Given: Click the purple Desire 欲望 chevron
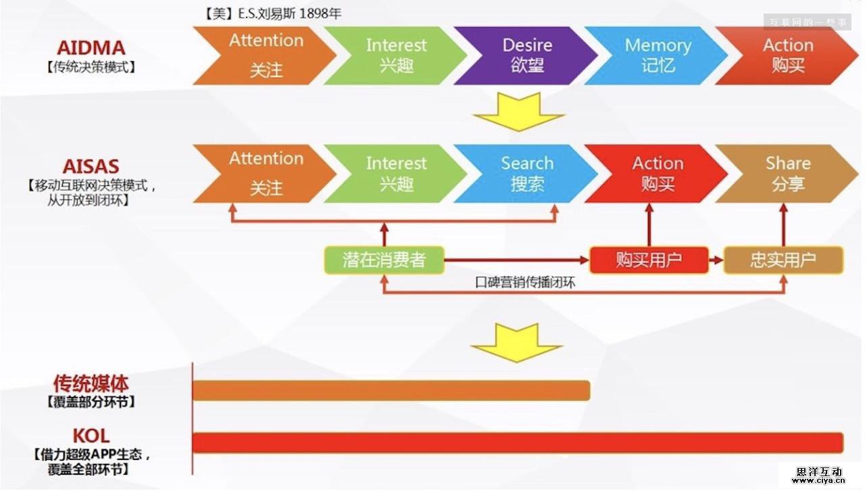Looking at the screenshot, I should [526, 55].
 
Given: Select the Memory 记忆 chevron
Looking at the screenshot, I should [657, 55].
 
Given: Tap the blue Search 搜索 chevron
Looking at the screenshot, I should [526, 173].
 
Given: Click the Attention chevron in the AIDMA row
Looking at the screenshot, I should [265, 55].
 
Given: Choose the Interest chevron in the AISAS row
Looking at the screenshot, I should [396, 173].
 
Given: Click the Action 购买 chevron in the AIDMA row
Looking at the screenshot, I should [787, 55].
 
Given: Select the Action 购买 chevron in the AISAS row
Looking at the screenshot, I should [657, 173].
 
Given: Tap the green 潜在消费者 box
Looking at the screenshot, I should [384, 260].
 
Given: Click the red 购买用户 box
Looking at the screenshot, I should [648, 260].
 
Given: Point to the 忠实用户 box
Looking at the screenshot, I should [783, 260].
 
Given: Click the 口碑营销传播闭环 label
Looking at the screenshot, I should [525, 283].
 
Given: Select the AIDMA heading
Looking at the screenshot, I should [91, 49].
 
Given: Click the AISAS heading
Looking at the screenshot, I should [91, 166].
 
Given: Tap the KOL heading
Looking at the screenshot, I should [91, 436].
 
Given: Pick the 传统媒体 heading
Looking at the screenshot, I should [91, 384].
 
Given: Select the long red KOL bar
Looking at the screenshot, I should [518, 442].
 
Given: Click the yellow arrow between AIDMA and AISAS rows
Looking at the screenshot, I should [518, 112].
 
